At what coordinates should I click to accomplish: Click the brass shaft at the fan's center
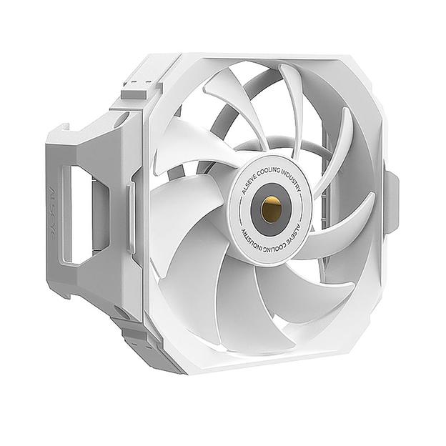pos(271,208)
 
